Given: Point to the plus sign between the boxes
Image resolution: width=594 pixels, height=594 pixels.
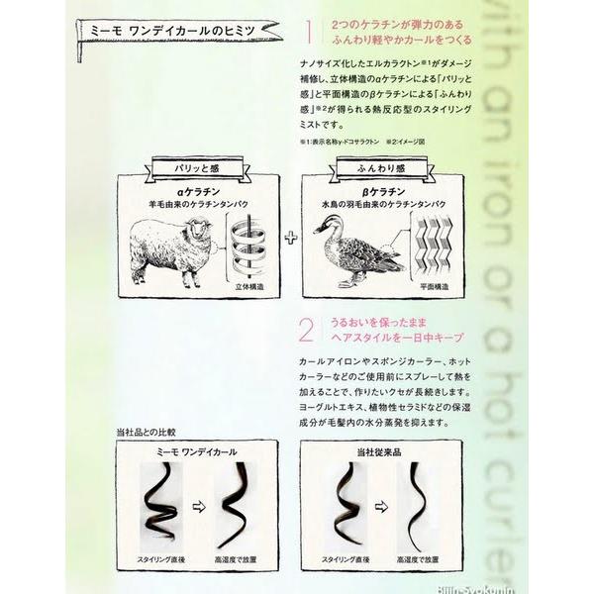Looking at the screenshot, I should (290, 238).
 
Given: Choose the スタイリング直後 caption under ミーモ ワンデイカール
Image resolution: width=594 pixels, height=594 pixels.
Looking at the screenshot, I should (161, 561).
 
